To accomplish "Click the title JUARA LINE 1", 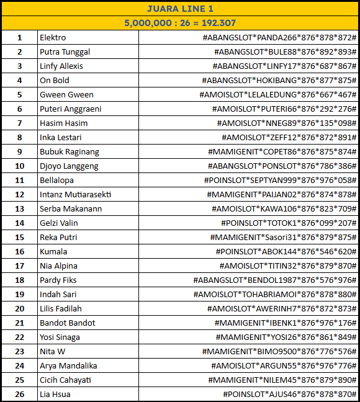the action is coord(180,9).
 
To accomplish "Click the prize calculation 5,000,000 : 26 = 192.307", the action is coord(180,23).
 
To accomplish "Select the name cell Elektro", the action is coord(53,38).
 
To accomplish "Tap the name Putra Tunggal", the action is coord(65,52).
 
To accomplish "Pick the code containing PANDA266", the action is coord(279,38).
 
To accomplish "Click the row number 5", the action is coord(19,95).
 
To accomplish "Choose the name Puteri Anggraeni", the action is coord(70,109).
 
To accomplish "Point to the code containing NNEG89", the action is coord(289,123).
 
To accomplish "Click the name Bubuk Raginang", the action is coord(69,152).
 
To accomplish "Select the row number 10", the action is coord(19,166).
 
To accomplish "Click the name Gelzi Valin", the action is coord(59,223).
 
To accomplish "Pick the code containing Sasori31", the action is coord(284,238).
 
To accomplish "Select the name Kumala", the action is coord(53,252).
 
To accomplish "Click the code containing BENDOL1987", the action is coord(275,280).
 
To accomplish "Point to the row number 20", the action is coord(19,309).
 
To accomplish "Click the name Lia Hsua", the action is coord(55,395).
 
